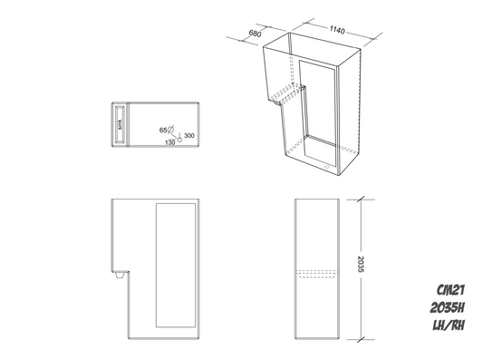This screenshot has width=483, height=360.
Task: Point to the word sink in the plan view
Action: [x=119, y=123]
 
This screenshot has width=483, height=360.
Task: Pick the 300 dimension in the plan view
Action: [x=188, y=137]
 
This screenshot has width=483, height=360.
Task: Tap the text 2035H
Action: [x=449, y=309]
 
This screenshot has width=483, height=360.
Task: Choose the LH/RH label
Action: [x=449, y=325]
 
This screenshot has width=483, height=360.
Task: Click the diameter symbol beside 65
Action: [x=172, y=131]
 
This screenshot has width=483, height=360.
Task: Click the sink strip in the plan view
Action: [x=119, y=123]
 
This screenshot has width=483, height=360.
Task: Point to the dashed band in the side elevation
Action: [x=317, y=272]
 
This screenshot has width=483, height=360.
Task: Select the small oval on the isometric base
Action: [x=324, y=167]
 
